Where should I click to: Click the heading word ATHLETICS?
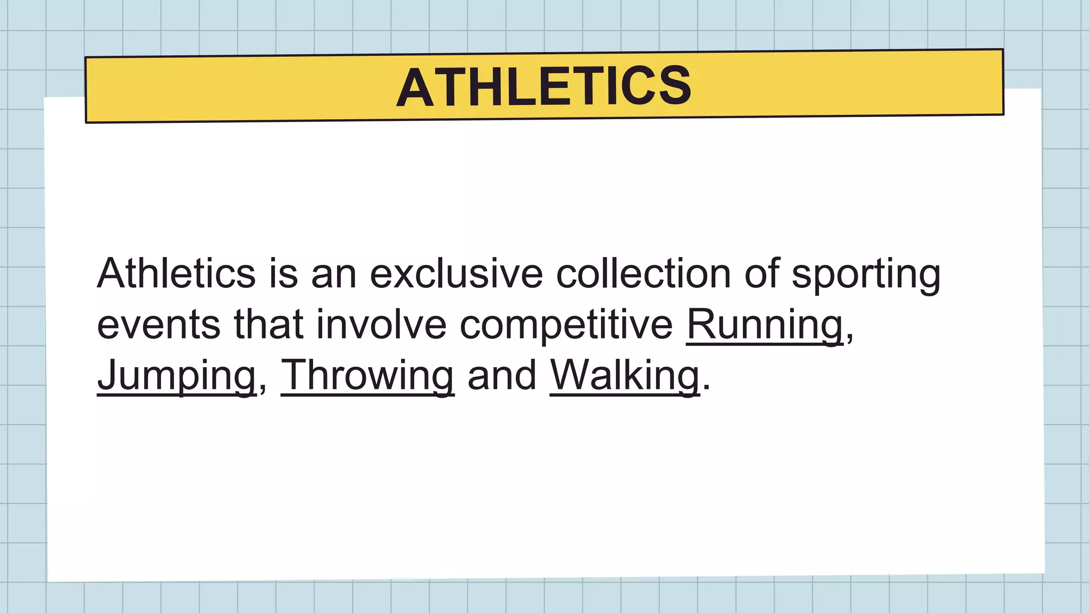[544, 87]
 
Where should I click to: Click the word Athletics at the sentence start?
[176, 274]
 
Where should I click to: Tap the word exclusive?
[456, 274]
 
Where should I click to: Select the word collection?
[643, 274]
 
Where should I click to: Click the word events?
[158, 325]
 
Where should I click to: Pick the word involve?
[381, 325]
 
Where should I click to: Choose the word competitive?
[566, 325]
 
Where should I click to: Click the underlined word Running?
[765, 325]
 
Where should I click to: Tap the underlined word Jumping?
[177, 376]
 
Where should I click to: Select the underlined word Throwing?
[367, 376]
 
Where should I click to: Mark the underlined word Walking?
[624, 376]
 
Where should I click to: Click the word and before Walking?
[501, 376]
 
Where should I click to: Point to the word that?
[269, 325]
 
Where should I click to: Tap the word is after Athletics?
[283, 274]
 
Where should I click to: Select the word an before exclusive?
[333, 274]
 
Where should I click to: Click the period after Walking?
[706, 387]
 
